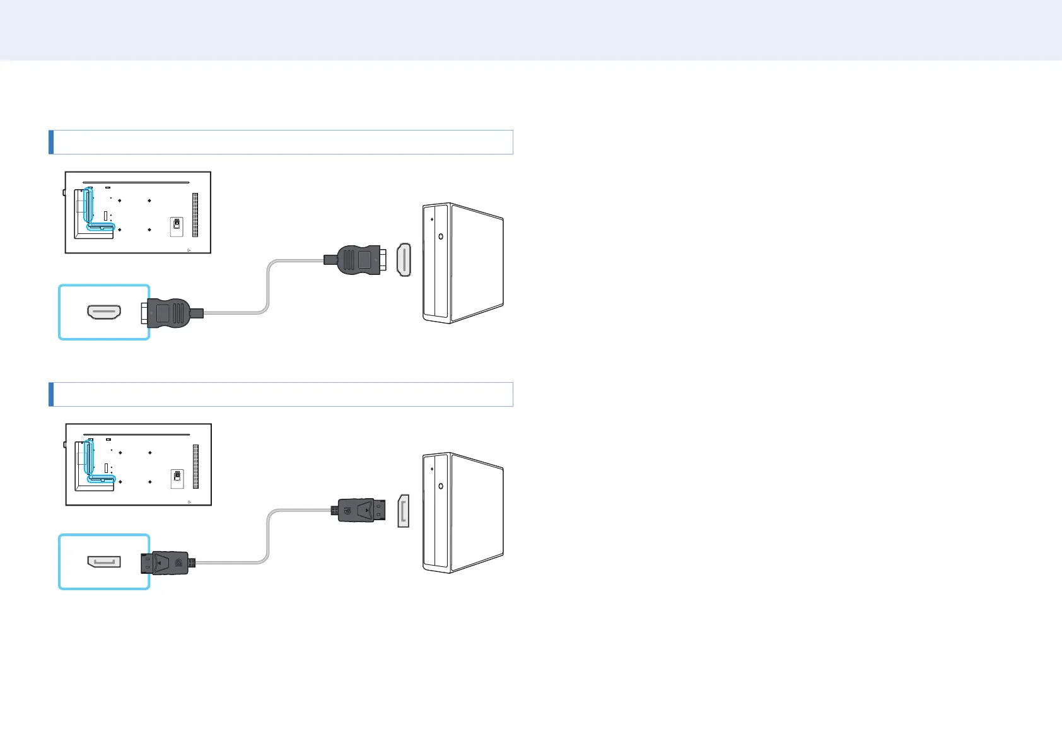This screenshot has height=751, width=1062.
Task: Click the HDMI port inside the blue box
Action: [104, 311]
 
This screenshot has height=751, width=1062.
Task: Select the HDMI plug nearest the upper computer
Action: [358, 259]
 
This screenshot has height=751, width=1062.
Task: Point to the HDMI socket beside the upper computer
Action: [404, 260]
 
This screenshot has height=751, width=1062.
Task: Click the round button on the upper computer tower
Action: [440, 236]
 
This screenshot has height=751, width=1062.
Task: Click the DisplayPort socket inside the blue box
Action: [104, 561]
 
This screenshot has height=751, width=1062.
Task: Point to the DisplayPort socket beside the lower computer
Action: [403, 511]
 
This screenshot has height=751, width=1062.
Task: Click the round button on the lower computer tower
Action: [440, 486]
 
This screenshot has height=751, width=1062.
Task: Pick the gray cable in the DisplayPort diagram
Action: [269, 536]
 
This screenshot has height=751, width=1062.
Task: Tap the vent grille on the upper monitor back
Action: [195, 214]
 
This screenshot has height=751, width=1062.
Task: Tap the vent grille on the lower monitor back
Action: [195, 466]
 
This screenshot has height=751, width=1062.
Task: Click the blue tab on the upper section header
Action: [51, 142]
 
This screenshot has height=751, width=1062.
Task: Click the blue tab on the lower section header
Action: [51, 394]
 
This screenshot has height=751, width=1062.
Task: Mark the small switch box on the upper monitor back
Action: [177, 227]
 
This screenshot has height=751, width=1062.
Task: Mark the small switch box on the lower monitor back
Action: [177, 478]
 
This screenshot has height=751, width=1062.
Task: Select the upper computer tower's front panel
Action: [436, 264]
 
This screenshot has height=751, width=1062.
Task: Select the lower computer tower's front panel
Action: [436, 512]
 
